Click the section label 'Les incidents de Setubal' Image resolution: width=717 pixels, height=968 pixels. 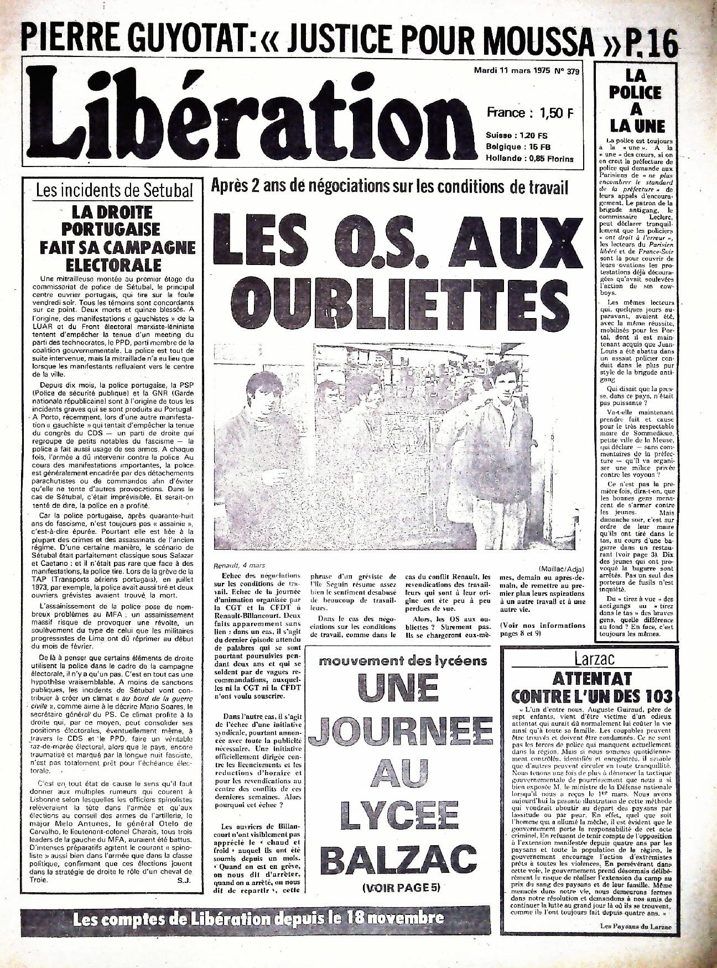pyautogui.click(x=115, y=191)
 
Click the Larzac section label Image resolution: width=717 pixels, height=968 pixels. pyautogui.click(x=594, y=659)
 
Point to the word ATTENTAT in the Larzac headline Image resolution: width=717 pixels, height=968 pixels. pyautogui.click(x=591, y=678)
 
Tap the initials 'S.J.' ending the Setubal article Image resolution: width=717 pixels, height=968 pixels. pyautogui.click(x=184, y=896)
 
